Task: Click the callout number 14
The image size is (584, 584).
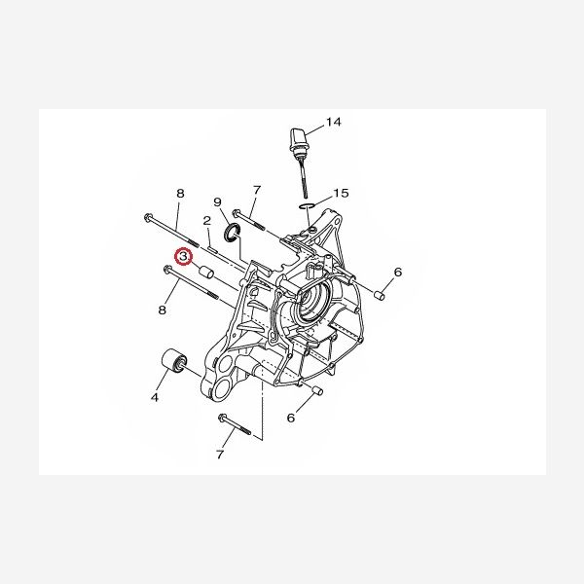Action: click(333, 122)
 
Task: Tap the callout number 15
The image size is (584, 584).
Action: click(341, 193)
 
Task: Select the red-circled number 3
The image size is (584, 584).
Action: click(184, 257)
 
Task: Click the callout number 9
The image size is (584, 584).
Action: click(217, 202)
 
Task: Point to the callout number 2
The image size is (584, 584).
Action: click(207, 221)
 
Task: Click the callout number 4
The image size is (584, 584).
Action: click(155, 397)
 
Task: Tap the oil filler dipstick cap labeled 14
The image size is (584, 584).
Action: click(300, 138)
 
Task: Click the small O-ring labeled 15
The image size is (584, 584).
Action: click(307, 205)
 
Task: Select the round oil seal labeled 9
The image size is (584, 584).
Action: click(232, 232)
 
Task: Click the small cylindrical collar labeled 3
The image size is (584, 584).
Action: click(205, 273)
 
